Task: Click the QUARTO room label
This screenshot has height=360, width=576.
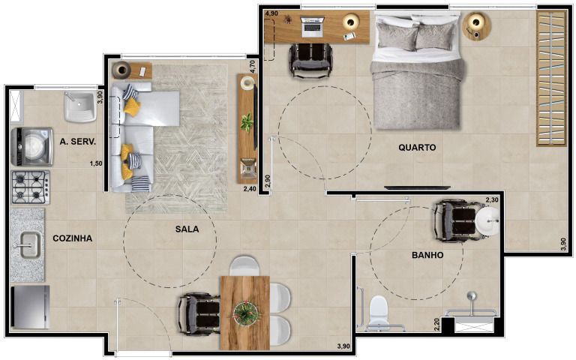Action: (x=417, y=148)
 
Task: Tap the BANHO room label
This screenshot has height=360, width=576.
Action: (x=427, y=255)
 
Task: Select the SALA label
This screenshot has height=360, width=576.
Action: (x=187, y=229)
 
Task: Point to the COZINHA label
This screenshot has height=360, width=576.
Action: (x=72, y=238)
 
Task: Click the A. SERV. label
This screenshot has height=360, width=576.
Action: (x=78, y=142)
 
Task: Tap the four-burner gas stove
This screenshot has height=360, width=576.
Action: (x=31, y=187)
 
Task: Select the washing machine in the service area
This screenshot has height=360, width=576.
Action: (x=31, y=147)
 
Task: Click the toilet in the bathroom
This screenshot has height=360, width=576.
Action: (x=379, y=312)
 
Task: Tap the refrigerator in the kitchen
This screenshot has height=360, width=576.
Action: (x=30, y=307)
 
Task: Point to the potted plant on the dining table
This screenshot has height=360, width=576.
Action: (x=247, y=313)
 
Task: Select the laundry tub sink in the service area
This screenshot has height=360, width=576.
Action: (x=80, y=107)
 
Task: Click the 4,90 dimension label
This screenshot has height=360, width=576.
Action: (x=271, y=13)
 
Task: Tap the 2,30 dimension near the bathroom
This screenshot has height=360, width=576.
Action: (x=492, y=200)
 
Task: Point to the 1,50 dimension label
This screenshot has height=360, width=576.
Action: (x=96, y=163)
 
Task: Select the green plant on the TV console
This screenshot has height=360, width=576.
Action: (x=247, y=122)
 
